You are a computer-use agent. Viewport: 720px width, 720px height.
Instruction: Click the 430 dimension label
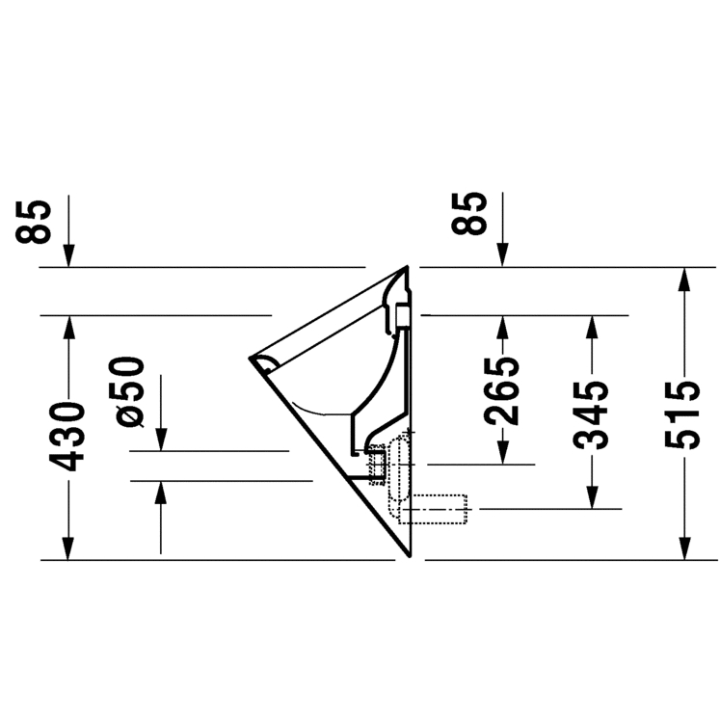coord(67,437)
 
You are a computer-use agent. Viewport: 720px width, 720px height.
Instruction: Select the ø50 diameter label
coord(126,391)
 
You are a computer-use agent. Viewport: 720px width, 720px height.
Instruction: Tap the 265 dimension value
coord(501,390)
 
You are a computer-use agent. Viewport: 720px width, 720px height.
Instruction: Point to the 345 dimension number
coord(591,415)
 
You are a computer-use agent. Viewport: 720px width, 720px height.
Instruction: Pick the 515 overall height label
coord(682,415)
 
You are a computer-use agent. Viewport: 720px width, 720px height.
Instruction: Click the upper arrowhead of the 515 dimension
coord(684,279)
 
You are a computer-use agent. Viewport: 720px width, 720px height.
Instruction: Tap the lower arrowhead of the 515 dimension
coord(684,548)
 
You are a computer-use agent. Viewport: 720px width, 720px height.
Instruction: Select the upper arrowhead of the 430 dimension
coord(68,328)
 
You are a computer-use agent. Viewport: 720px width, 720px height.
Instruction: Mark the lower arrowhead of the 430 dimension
coord(68,548)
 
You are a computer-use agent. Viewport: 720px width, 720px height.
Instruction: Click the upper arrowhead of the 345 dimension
coord(592,328)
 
